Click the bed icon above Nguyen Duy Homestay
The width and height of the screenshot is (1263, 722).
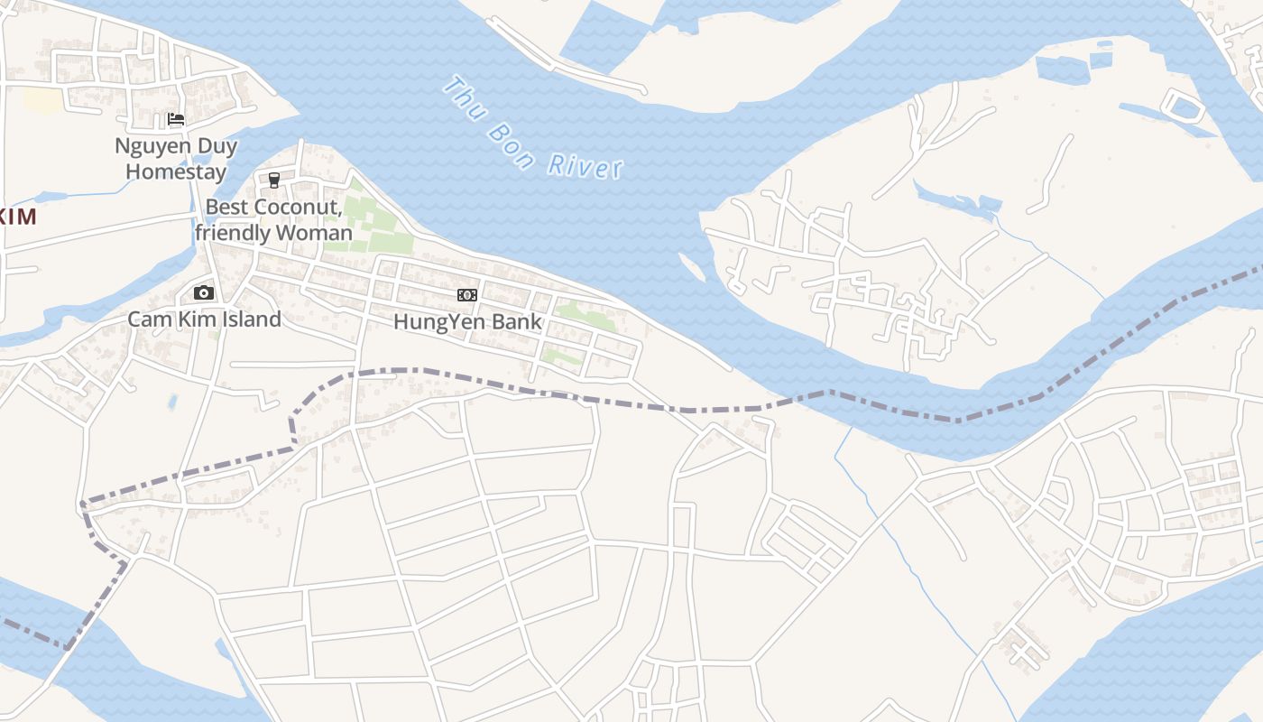click(x=176, y=119)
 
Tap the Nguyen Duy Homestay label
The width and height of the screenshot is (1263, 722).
click(x=176, y=158)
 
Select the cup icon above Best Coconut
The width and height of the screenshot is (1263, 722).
click(x=274, y=180)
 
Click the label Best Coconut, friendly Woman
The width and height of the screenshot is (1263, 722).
click(x=273, y=219)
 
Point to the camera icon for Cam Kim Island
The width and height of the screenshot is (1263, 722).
click(x=204, y=292)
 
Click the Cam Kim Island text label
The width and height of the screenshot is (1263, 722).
click(x=204, y=319)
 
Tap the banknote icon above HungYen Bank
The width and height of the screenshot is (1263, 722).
click(x=466, y=295)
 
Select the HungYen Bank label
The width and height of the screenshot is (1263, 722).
click(x=467, y=321)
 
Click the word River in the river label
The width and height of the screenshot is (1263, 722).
click(x=586, y=166)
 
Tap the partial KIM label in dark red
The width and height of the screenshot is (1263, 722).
click(x=18, y=217)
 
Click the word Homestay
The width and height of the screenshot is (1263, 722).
click(x=176, y=171)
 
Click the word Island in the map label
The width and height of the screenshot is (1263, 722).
click(x=249, y=319)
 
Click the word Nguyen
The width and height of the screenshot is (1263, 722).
click(x=149, y=145)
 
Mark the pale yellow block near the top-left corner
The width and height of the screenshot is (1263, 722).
click(x=41, y=100)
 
